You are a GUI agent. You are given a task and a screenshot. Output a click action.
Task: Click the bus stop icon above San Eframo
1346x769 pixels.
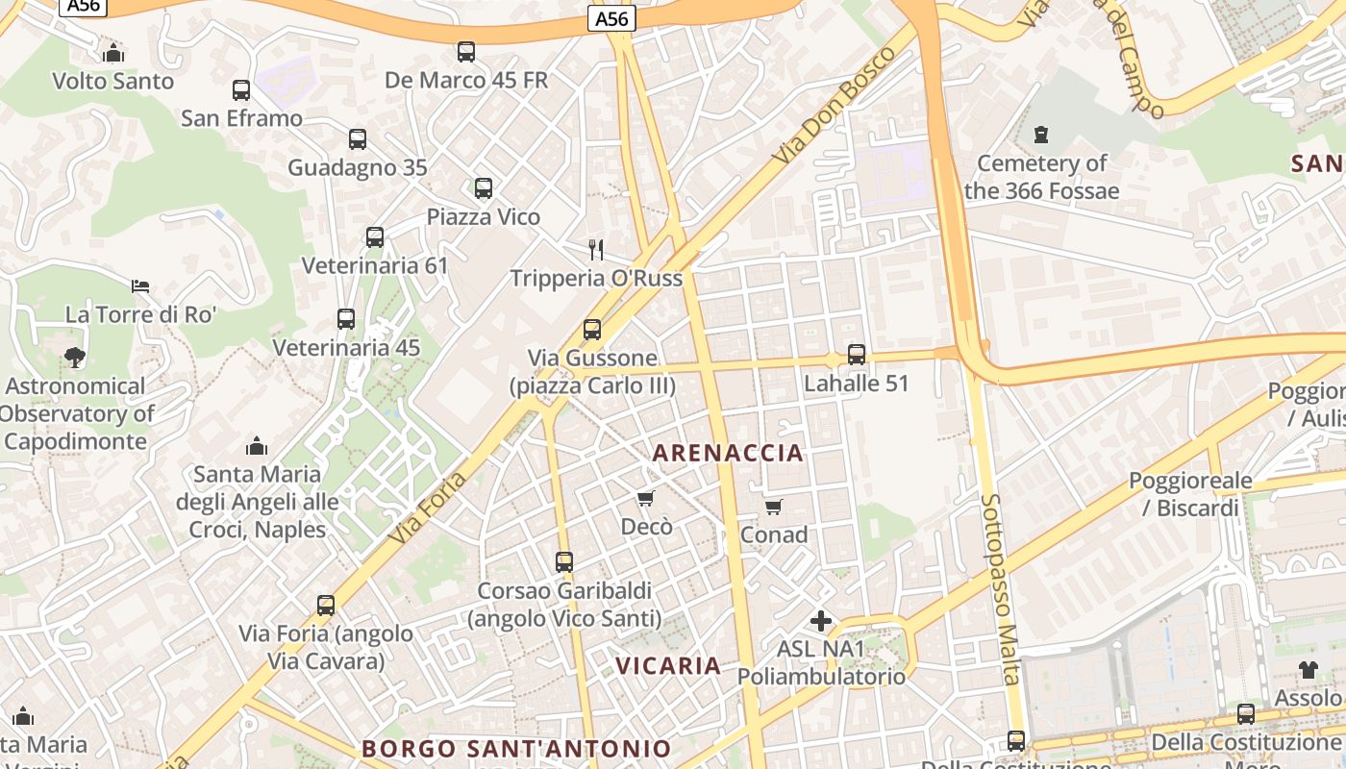241,90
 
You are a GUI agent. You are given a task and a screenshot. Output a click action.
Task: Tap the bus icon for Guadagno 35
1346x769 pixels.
358,139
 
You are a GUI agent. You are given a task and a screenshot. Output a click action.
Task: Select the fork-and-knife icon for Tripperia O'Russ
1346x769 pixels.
596,250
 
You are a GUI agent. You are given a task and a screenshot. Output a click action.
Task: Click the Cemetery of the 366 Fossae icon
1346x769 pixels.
1040,135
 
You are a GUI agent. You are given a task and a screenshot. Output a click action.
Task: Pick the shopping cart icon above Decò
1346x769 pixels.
646,498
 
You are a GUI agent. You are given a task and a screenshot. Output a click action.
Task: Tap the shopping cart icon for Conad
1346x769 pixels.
774,507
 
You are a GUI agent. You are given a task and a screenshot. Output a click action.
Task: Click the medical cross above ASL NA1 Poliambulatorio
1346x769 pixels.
820,621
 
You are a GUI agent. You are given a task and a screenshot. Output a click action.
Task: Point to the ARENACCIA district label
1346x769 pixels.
728,453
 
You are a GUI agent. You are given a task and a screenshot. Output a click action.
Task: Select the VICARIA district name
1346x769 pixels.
668,665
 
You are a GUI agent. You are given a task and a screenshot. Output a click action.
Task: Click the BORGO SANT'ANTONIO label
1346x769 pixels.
516,748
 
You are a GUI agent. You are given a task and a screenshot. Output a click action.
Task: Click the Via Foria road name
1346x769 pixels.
429,509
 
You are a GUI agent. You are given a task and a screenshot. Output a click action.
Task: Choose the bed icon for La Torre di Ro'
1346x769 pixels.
140,285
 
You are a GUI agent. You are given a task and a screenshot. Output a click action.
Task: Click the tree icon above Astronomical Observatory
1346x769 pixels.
74,358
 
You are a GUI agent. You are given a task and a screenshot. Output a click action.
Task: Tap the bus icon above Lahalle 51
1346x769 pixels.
857,355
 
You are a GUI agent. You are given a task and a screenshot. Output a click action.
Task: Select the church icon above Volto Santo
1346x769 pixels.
113,53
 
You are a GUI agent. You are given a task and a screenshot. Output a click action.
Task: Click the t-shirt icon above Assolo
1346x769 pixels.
1308,670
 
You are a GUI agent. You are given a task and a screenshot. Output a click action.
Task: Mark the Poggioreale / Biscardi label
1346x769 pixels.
1190,494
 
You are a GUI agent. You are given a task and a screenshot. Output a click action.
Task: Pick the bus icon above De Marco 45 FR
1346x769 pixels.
466,52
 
